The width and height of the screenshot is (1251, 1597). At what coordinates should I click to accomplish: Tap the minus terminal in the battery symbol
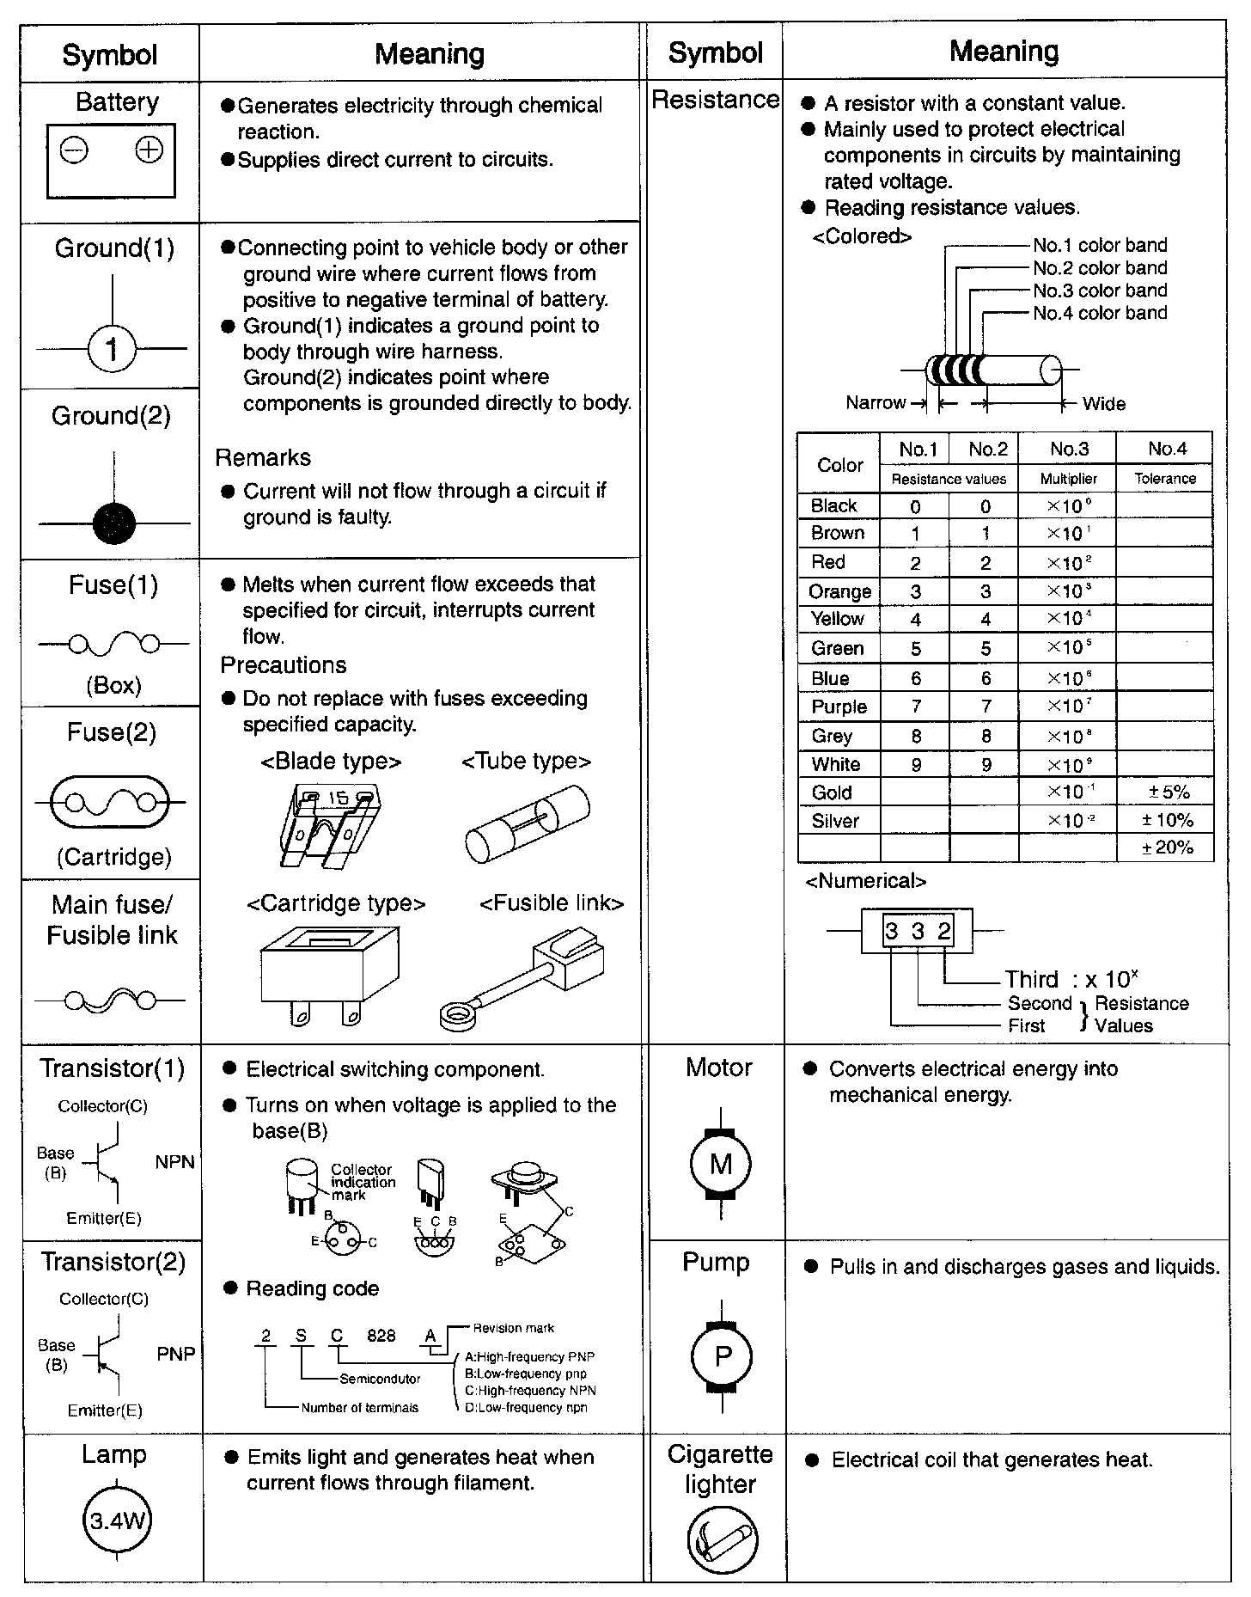tap(74, 151)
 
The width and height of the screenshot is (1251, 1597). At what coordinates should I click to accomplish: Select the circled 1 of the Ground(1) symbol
tap(112, 349)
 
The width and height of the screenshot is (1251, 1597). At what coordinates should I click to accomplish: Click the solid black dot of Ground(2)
tap(113, 523)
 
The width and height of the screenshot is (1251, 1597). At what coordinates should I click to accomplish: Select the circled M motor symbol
tap(721, 1165)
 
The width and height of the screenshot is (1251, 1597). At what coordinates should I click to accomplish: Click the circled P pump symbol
tap(722, 1357)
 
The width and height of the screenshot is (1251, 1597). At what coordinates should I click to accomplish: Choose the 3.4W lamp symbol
tap(115, 1521)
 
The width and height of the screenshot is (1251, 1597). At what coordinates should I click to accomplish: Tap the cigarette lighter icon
tap(722, 1539)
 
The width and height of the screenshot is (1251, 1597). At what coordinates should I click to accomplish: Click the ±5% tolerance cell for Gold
tap(1165, 792)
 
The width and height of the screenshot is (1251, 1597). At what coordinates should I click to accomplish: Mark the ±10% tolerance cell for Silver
tap(1165, 820)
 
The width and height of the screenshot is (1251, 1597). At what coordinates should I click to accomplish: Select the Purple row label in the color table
tap(839, 707)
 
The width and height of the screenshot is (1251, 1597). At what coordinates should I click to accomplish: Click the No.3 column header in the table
tap(1068, 449)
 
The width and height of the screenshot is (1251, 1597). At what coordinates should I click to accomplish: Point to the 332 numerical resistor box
tap(918, 931)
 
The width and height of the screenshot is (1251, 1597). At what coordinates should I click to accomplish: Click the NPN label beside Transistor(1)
tap(175, 1162)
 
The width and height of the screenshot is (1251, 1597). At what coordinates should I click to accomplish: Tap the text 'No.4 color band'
tap(1100, 313)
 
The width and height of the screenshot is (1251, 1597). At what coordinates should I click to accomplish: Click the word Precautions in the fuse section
tap(284, 665)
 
